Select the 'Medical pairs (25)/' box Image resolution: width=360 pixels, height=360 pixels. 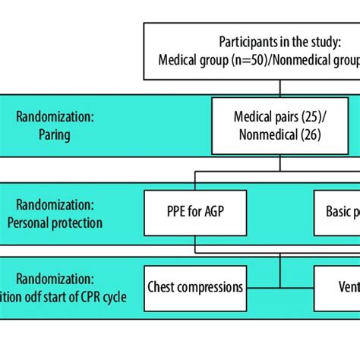281,125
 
